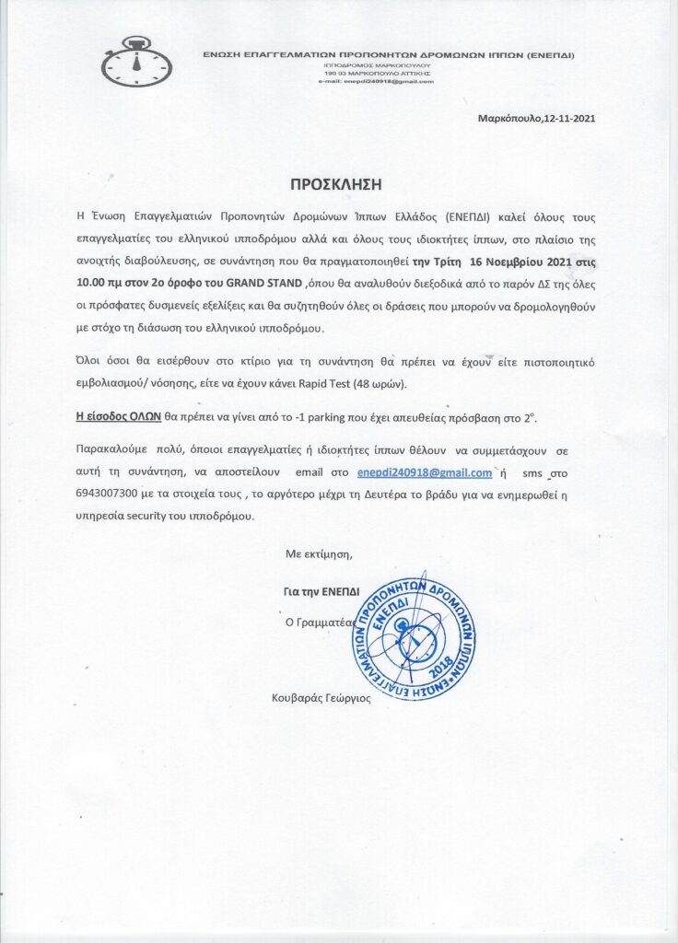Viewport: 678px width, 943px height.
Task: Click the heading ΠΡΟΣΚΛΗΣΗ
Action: (335, 184)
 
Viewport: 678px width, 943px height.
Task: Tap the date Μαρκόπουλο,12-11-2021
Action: (530, 118)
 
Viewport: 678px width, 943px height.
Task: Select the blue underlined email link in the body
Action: (425, 473)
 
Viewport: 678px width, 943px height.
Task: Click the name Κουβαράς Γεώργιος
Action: (320, 698)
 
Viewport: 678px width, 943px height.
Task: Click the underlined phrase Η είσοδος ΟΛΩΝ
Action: (118, 416)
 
